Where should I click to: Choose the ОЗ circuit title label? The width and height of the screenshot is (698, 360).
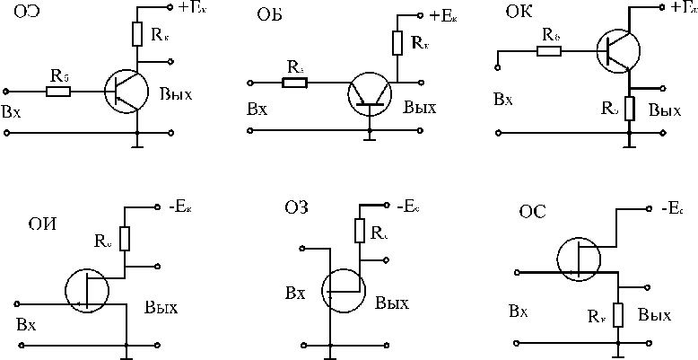(296, 208)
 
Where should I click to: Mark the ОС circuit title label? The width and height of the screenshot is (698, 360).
(534, 213)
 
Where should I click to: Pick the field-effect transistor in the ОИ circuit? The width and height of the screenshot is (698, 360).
(87, 290)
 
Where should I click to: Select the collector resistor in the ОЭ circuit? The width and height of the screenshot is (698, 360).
(136, 34)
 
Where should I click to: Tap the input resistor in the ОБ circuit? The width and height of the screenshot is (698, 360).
(293, 83)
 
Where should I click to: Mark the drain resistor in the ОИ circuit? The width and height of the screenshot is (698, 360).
(125, 239)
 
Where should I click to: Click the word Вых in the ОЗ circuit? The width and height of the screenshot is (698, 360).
(392, 303)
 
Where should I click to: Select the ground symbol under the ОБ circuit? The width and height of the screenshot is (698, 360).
(368, 136)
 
